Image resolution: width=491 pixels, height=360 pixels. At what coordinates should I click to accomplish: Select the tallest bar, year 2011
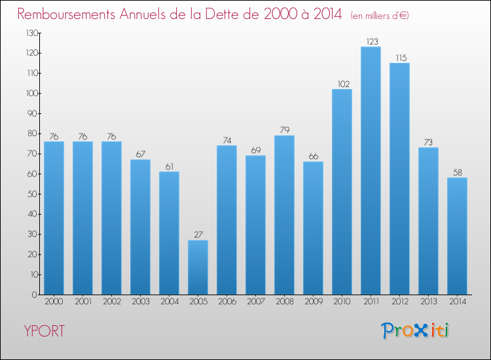tap(371, 170)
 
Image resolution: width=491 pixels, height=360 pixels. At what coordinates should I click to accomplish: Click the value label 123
tap(371, 41)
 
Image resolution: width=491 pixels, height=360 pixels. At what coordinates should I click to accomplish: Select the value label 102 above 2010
tap(342, 84)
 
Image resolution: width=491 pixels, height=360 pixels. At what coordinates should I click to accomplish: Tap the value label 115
tap(399, 58)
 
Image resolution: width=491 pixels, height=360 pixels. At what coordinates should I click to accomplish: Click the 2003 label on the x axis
tap(140, 302)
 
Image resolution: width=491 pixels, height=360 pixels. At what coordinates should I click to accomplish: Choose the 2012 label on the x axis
tap(399, 302)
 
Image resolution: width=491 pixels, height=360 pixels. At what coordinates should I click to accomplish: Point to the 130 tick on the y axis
tap(30, 33)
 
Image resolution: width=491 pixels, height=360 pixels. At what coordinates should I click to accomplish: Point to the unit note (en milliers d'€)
tap(380, 15)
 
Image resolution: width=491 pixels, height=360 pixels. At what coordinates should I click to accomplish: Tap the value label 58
tap(457, 173)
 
